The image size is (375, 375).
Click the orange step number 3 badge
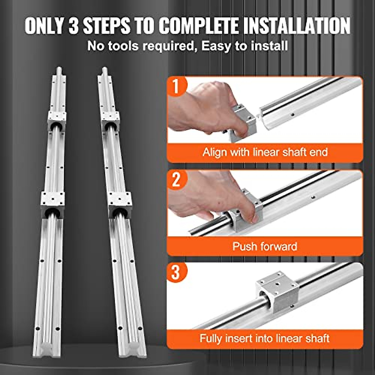click(176, 272)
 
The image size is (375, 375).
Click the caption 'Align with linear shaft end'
click(265, 152)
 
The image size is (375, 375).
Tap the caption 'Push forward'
click(265, 246)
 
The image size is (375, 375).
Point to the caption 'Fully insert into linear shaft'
click(265, 338)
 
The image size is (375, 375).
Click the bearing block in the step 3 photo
click(277, 292)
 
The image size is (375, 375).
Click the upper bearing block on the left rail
click(57, 120)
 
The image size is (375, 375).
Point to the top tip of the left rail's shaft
click(59, 69)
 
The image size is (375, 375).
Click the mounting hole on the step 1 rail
click(292, 115)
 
